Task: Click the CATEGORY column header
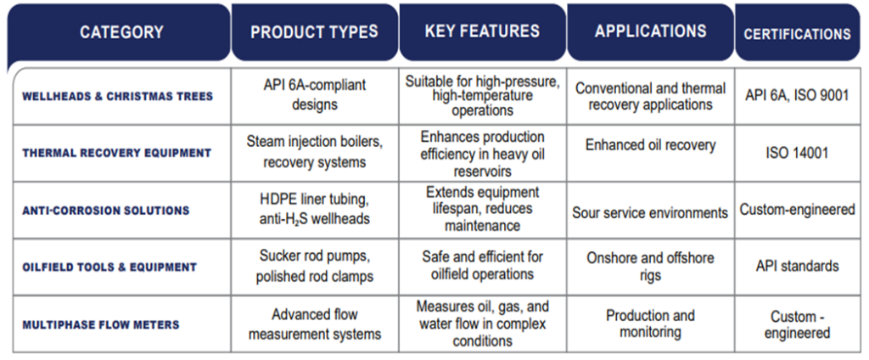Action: point(121,32)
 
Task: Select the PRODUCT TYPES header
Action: point(314,32)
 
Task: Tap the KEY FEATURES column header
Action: point(482,31)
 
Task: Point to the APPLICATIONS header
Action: point(651,31)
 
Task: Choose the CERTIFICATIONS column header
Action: point(797,35)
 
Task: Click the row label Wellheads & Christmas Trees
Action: point(117,97)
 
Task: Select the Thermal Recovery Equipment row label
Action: point(117,153)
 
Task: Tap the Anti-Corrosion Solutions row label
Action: point(106,211)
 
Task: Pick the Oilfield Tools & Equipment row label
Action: point(109,267)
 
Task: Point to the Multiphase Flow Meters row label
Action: point(101,324)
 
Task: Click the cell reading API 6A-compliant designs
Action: point(314,95)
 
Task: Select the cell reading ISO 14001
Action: point(797,153)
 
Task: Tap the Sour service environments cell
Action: point(650,213)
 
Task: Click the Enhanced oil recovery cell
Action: point(651,145)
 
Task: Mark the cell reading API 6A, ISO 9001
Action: point(797,95)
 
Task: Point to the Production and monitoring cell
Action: point(650,324)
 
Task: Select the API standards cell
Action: point(797,266)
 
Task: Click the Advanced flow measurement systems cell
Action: point(314,324)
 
